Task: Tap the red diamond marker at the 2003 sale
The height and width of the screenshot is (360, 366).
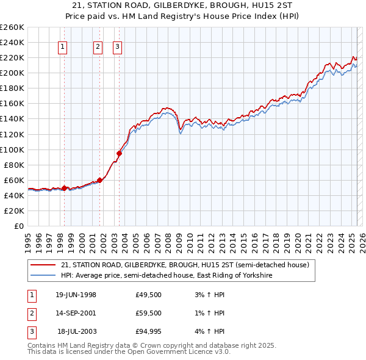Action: point(119,153)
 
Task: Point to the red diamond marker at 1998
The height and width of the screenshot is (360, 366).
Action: point(64,188)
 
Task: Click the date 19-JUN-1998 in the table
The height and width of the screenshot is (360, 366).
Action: point(76,295)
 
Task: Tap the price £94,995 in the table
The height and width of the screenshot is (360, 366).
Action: point(149,332)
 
